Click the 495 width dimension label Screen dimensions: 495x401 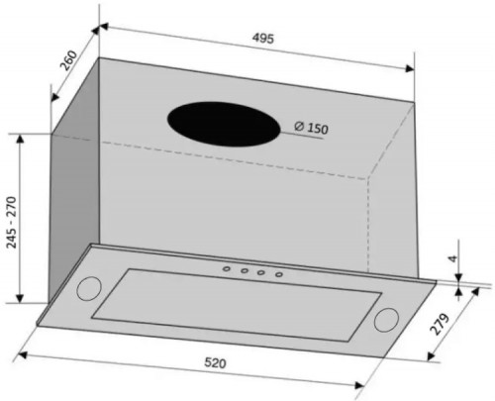coord(263,39)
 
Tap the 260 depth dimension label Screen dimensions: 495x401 coord(68,60)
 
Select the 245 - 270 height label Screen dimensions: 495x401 coord(11,222)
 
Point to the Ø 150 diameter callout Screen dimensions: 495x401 coord(311,128)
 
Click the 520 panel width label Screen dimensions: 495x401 coord(215,362)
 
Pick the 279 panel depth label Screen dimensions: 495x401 coord(440,324)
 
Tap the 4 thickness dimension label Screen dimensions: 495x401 coord(454,258)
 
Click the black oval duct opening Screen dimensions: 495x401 coord(224,124)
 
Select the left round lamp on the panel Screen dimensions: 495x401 coord(89,289)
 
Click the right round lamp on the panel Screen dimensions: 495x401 coord(386,320)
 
